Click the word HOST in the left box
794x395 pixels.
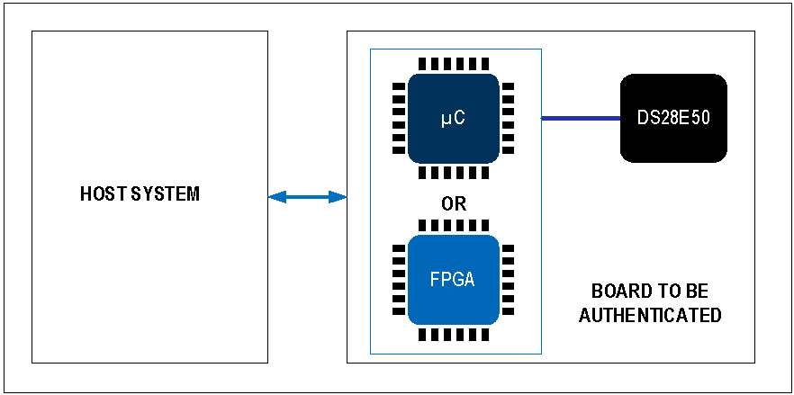click(x=99, y=194)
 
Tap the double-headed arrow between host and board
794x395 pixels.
click(x=307, y=197)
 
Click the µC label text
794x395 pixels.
click(x=454, y=118)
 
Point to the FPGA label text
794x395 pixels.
click(x=453, y=279)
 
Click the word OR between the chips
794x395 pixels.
click(x=454, y=204)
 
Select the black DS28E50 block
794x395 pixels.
click(x=673, y=118)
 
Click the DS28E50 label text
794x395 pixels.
click(x=673, y=118)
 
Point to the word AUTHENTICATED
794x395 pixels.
click(x=649, y=316)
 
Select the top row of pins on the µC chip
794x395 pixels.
click(x=454, y=65)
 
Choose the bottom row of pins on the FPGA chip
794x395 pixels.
click(x=454, y=335)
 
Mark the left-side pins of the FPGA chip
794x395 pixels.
click(x=398, y=279)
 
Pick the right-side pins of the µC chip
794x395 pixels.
click(x=508, y=118)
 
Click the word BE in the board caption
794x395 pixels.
click(x=697, y=292)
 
